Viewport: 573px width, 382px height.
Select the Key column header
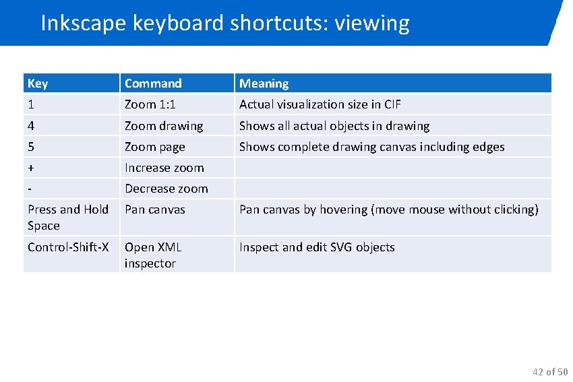coord(38,84)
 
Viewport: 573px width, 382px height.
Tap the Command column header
coord(153,84)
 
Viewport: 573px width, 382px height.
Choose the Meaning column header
coord(264,84)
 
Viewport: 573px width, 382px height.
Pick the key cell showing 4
coord(31,126)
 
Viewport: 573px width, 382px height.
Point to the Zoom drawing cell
coord(164,126)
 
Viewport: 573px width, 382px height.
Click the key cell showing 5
coord(31,147)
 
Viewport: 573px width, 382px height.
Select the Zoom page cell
coord(155,147)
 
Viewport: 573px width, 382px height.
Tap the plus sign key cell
coord(31,168)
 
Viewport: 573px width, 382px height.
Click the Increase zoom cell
coord(164,168)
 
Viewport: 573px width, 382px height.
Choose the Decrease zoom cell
coord(166,189)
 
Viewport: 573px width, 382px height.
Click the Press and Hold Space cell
coord(67,218)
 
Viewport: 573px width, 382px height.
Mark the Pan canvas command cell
coord(154,210)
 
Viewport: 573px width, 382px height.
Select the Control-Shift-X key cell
coord(68,247)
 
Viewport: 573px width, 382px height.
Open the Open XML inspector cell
coord(153,255)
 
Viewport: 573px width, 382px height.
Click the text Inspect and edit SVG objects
coord(317,247)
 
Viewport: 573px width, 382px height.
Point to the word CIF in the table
coord(392,104)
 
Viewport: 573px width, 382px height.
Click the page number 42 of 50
coord(550,372)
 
